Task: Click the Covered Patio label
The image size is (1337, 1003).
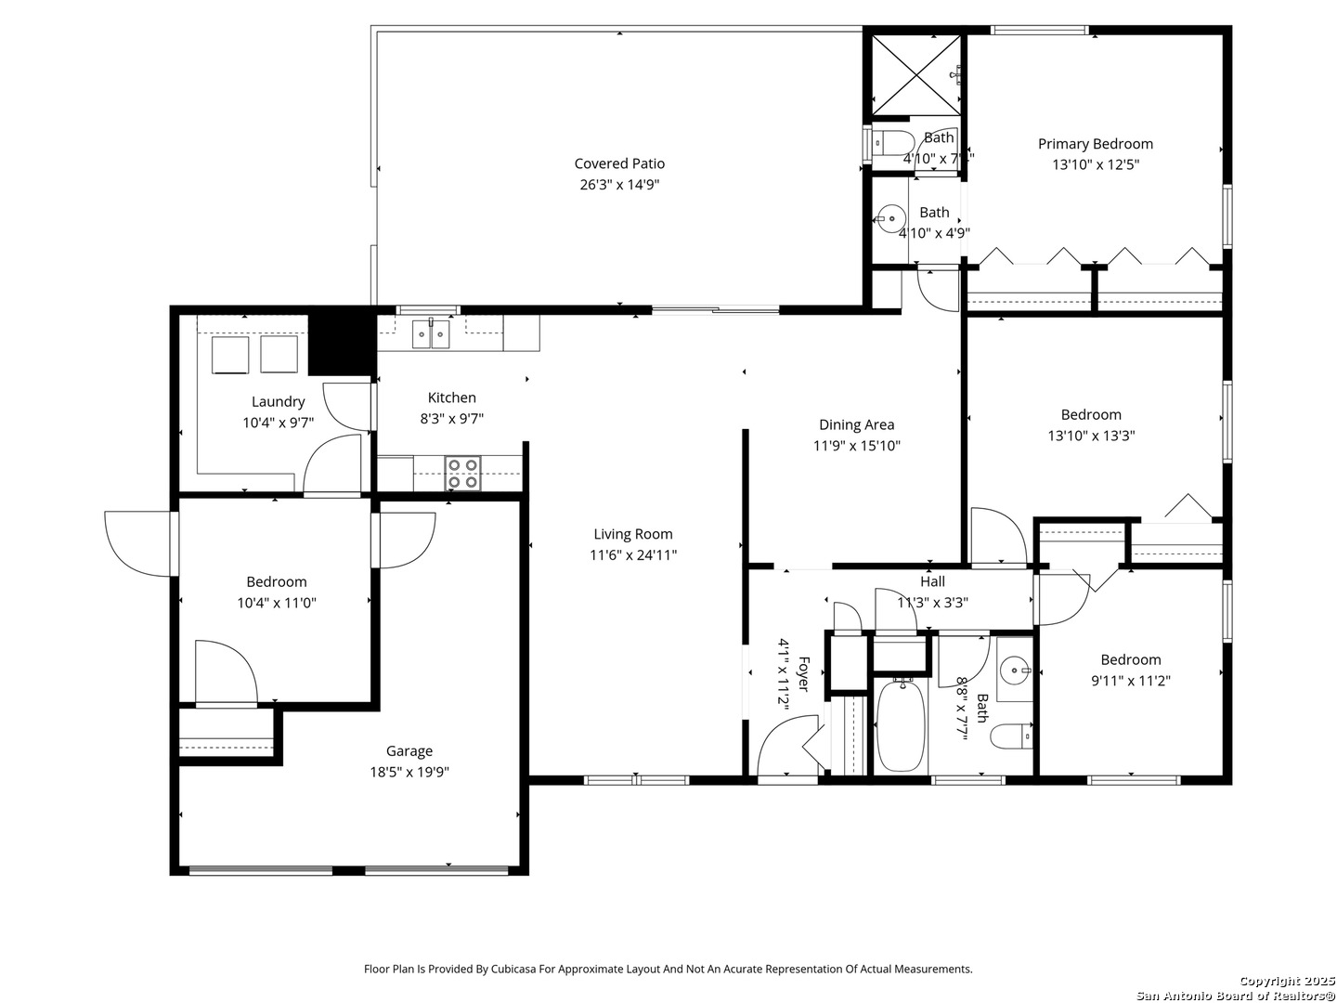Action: click(619, 163)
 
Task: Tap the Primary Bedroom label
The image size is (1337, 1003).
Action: click(1095, 144)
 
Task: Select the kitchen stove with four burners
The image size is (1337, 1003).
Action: click(461, 474)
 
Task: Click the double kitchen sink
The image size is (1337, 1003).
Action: click(431, 333)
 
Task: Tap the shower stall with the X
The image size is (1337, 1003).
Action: click(915, 75)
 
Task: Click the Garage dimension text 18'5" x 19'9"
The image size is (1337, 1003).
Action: click(409, 772)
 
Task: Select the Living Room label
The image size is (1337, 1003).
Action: click(633, 533)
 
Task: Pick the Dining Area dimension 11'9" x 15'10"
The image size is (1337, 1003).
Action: click(856, 445)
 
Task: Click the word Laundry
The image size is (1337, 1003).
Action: click(278, 401)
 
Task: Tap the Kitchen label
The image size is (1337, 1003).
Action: click(451, 397)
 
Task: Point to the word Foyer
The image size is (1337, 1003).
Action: click(803, 673)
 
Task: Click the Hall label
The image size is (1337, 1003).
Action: click(932, 581)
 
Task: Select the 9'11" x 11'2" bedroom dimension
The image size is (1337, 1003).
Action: click(1131, 680)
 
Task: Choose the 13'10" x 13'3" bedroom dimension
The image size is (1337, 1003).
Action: click(1091, 436)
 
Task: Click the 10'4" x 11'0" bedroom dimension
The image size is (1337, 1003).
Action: click(277, 603)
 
